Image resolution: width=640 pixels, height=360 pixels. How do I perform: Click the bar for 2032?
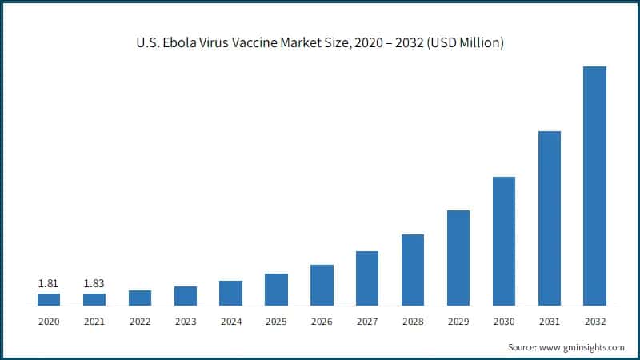click(594, 186)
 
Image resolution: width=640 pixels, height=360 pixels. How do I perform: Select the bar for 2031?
click(549, 218)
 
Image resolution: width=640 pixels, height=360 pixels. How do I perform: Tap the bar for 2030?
click(503, 241)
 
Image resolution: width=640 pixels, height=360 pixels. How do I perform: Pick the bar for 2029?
click(458, 258)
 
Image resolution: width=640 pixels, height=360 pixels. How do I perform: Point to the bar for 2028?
click(412, 270)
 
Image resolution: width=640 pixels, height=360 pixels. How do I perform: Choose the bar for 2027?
click(366, 278)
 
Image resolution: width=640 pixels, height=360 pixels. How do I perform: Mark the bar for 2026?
click(322, 285)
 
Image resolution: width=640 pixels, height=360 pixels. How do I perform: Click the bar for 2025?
click(276, 290)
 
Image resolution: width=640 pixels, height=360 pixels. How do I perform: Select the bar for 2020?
click(48, 299)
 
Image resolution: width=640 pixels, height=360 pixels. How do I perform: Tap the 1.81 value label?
click(48, 283)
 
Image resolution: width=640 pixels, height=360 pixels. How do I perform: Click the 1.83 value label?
click(94, 283)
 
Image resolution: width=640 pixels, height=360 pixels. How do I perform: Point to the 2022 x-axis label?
click(139, 322)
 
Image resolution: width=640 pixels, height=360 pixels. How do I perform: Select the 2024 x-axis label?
click(230, 322)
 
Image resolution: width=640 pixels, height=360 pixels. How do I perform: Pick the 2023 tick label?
click(185, 322)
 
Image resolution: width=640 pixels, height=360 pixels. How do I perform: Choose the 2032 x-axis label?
click(594, 322)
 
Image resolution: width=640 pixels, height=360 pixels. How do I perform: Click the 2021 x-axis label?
click(94, 322)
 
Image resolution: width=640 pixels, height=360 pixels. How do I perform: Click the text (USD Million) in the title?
click(463, 43)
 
